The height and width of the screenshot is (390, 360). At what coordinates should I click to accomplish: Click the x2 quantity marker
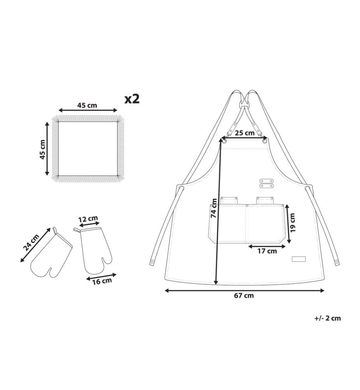(x=132, y=99)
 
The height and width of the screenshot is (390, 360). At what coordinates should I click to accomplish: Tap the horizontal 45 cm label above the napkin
(x=87, y=105)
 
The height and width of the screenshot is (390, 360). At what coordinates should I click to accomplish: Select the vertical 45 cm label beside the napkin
(x=42, y=149)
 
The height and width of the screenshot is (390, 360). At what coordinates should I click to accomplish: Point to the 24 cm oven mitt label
(x=31, y=242)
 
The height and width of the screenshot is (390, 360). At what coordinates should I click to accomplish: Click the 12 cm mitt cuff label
(x=88, y=219)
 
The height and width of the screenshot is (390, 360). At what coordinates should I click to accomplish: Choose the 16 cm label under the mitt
(x=102, y=281)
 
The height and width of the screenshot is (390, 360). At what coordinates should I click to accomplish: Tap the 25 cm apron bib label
(x=245, y=133)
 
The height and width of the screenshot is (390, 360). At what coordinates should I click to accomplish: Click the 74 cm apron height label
(x=214, y=208)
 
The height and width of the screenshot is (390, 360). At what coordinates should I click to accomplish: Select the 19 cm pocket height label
(x=293, y=223)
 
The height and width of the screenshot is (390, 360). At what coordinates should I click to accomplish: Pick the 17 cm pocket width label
(x=267, y=251)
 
